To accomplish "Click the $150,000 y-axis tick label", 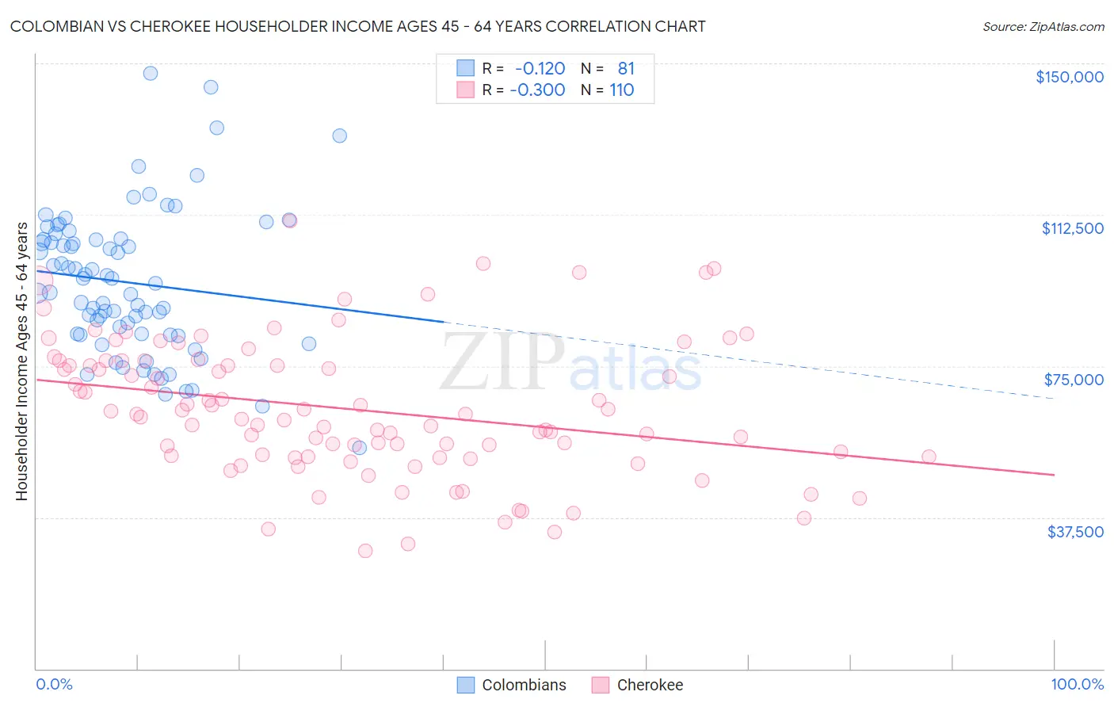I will click(1069, 77).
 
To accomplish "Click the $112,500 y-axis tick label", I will click(1072, 228).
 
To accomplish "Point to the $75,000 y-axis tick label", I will click(1074, 380).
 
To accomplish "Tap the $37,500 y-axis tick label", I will click(1075, 532).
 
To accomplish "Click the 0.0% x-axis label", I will click(54, 685).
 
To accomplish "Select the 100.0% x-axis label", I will click(1077, 685).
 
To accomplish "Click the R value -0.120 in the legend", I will click(540, 69).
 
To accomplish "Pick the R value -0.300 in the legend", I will click(537, 90).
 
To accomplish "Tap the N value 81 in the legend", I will click(626, 69).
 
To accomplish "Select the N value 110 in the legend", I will click(622, 90).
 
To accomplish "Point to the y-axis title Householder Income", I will click(21, 361).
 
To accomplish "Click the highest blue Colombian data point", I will click(150, 73).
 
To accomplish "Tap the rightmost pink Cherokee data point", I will click(929, 457).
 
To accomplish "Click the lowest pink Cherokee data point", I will click(365, 551).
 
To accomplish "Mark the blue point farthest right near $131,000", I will click(339, 136).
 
